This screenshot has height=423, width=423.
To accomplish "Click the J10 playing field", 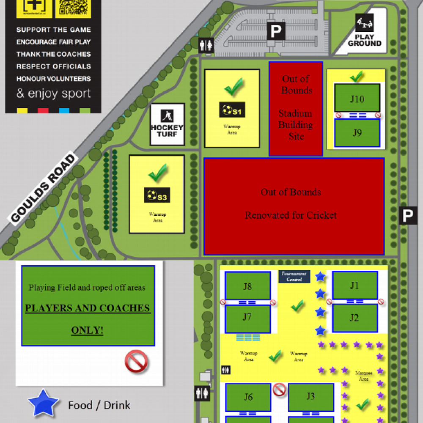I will coord(357,98).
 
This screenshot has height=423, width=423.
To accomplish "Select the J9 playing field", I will coord(357,133).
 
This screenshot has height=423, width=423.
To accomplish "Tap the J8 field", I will coord(247,286).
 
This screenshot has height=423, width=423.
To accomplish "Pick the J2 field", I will coord(354,318).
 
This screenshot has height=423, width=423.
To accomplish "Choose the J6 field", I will coord(248,397).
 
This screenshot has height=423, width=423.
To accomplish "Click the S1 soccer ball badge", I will coord(232,111).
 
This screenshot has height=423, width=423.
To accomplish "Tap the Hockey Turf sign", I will coord(167,124).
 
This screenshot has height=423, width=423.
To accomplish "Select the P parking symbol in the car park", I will coord(276,30).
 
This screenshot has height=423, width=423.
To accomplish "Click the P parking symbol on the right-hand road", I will coord(407,216).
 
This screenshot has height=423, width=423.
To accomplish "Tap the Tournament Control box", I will coord(294,276).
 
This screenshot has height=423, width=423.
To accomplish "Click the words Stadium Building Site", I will coord(296,125).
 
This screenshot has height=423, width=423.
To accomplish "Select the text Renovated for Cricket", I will coord(291,215).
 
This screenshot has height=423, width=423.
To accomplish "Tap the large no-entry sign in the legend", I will coord(136,362).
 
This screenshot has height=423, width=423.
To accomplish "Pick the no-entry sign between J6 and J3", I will coord(279,389).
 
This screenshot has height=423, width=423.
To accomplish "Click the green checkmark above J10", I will coord(357,76).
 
